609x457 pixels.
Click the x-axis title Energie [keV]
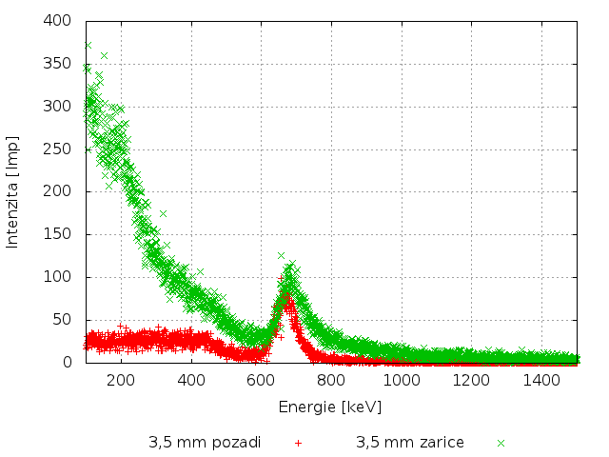point(330,407)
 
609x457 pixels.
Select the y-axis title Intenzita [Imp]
point(13,191)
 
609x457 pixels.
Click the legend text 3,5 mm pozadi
point(205,443)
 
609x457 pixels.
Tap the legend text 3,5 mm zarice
point(410,443)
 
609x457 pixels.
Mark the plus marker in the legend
point(298,443)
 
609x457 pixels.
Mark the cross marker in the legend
point(501,443)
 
